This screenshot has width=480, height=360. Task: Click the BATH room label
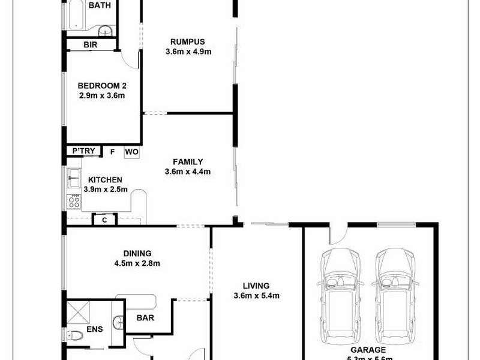pos(100,5)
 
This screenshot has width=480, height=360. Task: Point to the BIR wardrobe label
pos(91,45)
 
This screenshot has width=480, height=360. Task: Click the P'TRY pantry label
pos(83,151)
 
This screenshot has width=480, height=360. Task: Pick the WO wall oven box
pos(132,152)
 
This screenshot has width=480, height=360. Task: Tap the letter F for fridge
pos(112,152)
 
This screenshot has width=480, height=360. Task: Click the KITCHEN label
pos(106,179)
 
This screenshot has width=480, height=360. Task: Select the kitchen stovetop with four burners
pos(75,201)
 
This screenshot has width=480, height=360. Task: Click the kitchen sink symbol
pos(74,176)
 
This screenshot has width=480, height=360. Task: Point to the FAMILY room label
pos(188,161)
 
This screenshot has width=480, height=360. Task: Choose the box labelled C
pos(104,220)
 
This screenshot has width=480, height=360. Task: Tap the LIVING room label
pos(256,286)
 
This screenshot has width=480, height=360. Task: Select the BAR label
pos(145,317)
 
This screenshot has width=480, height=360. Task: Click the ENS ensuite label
pos(95,329)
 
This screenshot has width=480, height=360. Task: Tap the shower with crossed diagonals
pos(77,312)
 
